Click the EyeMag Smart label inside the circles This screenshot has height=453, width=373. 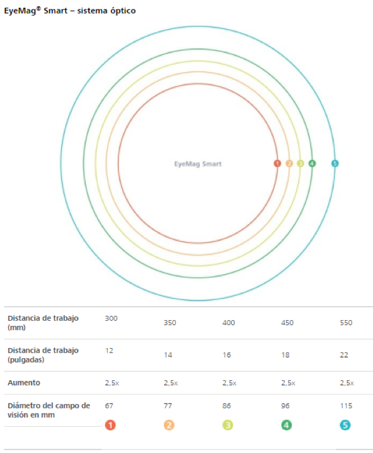pyautogui.click(x=197, y=164)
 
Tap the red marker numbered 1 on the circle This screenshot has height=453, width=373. pyautogui.click(x=277, y=163)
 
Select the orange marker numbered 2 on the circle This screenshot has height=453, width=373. pyautogui.click(x=289, y=163)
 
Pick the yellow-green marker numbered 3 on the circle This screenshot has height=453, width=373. pyautogui.click(x=300, y=163)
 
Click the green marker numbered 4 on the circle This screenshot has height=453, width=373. pyautogui.click(x=312, y=163)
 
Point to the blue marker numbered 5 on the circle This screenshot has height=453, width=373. pyautogui.click(x=335, y=163)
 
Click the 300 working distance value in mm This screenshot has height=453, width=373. pyautogui.click(x=111, y=318)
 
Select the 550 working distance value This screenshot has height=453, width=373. pyautogui.click(x=346, y=323)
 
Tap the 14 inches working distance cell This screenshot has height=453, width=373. pyautogui.click(x=169, y=355)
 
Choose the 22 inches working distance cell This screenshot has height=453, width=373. pyautogui.click(x=344, y=355)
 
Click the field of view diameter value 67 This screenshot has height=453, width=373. pyautogui.click(x=109, y=405)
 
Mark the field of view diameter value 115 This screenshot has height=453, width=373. pyautogui.click(x=346, y=406)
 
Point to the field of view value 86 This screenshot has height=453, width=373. pyautogui.click(x=228, y=406)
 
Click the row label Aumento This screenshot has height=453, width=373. pyautogui.click(x=24, y=383)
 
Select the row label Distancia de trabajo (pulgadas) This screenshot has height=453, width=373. pyautogui.click(x=43, y=355)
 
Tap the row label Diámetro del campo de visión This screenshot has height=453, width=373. pyautogui.click(x=49, y=410)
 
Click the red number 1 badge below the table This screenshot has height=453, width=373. pyautogui.click(x=110, y=426)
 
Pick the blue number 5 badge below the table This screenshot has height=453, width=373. pyautogui.click(x=346, y=426)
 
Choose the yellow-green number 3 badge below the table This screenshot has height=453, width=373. pyautogui.click(x=228, y=426)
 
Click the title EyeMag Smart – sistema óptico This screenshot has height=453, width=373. pyautogui.click(x=70, y=11)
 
